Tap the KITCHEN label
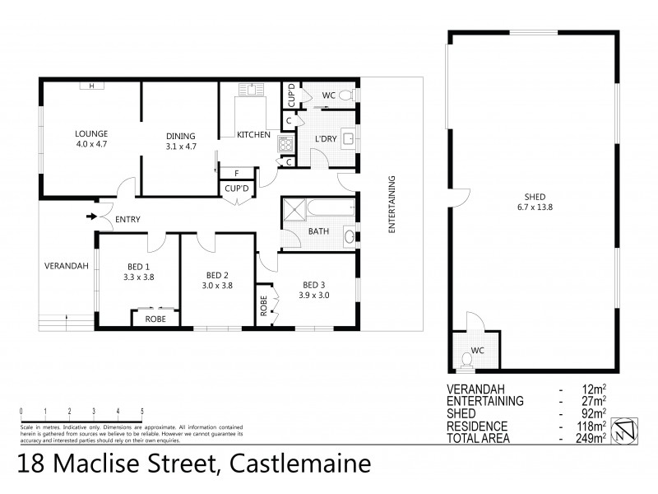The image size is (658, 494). pos(253,135)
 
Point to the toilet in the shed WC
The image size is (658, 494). pos(468,357)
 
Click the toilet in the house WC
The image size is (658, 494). pos(345,96)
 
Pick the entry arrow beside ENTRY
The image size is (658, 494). pos(90,217)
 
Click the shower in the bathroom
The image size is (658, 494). pos(294,211)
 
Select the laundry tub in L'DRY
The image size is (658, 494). pos(347,140)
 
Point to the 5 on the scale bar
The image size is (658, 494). pos(142,410)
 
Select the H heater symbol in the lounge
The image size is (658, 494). pos(91,86)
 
